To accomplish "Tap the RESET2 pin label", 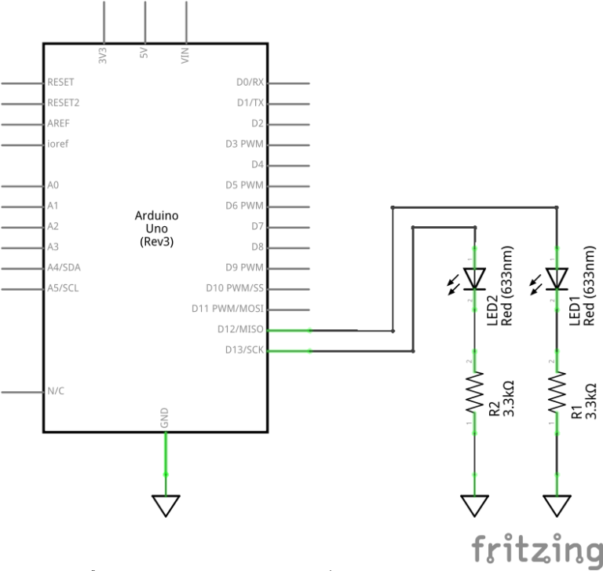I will coord(64,103).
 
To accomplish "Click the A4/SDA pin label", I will coord(64,267).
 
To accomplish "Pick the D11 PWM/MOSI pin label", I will coord(228,309).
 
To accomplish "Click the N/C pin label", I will coord(56,390).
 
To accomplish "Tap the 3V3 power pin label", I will coord(104,55).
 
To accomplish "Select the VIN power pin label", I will coord(186,55).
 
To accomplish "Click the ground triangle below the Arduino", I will coord(166,504).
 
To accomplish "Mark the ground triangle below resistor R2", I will coord(474,504).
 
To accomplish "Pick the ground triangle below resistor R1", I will coord(557,504).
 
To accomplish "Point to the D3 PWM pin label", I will coord(244,144).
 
